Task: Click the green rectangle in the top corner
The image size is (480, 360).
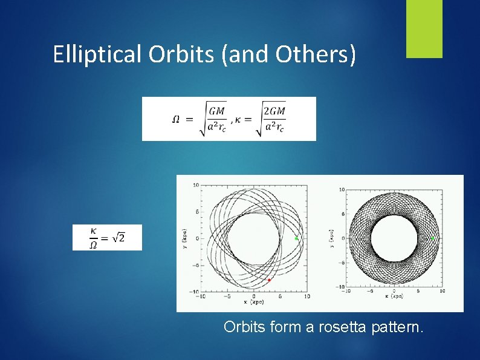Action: [x=424, y=28]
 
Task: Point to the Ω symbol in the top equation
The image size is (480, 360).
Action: [x=175, y=119]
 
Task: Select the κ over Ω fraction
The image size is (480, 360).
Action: [x=93, y=237]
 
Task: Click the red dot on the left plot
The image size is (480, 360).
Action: [x=269, y=280]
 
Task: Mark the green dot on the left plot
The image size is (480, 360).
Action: [x=296, y=239]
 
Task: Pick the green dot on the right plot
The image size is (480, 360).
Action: [x=432, y=239]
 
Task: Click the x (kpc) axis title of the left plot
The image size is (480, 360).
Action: [x=254, y=302]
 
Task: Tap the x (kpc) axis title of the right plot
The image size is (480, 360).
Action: [x=394, y=297]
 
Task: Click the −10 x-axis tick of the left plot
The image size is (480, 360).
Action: [x=200, y=296]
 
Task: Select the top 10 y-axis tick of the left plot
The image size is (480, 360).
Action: [x=196, y=185]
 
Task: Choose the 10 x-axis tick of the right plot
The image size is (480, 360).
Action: [x=443, y=292]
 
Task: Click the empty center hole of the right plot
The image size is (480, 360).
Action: [x=394, y=238]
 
